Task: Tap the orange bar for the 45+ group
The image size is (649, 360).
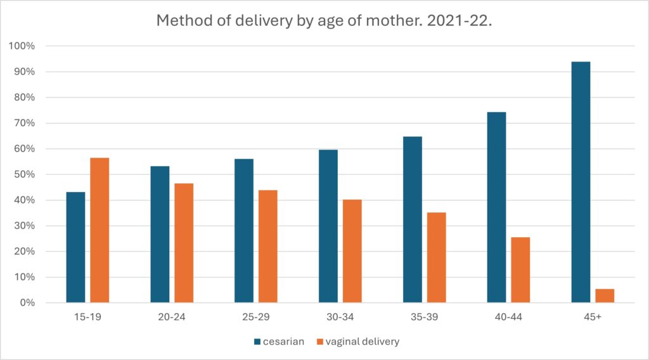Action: [605, 295]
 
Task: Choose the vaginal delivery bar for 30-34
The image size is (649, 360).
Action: [352, 251]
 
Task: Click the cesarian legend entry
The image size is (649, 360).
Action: [278, 342]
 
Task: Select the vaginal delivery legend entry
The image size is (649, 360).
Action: [358, 342]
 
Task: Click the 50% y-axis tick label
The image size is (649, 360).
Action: [24, 174]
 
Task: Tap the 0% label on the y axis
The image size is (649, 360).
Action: [27, 303]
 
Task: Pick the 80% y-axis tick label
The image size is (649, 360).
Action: [24, 98]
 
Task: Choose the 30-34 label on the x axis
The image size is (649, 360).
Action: [340, 317]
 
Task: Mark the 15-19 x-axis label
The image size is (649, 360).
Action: [87, 317]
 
